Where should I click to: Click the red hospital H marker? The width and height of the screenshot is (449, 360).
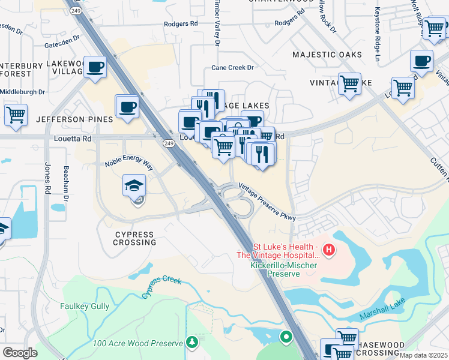click(x=328, y=249)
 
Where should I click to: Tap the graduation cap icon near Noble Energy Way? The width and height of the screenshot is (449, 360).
click(x=134, y=185)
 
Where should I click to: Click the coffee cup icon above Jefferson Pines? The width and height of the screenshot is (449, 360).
click(x=127, y=107)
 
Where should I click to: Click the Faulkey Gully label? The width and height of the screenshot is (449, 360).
click(x=85, y=306)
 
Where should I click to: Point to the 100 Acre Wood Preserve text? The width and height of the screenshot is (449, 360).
click(x=138, y=344)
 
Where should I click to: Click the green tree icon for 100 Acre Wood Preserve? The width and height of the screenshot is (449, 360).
click(x=192, y=343)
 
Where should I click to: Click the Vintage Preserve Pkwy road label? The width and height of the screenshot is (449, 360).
click(x=267, y=202)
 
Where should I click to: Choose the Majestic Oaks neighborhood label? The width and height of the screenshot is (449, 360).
click(x=327, y=55)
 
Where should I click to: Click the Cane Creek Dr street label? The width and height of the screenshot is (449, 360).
click(x=234, y=68)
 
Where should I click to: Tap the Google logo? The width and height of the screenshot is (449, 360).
click(x=20, y=353)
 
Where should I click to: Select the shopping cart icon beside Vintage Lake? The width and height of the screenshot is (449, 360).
click(x=349, y=84)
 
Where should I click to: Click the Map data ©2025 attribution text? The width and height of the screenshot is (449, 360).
click(x=424, y=355)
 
